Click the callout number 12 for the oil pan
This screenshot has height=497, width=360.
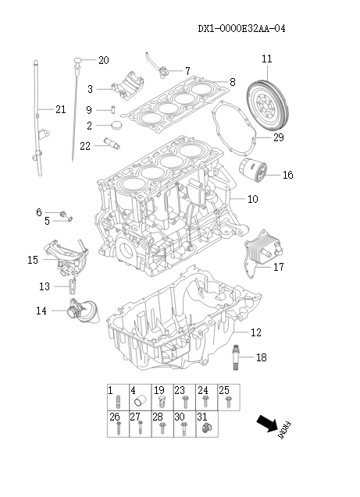(x=255, y=332)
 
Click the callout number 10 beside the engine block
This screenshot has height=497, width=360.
(x=252, y=199)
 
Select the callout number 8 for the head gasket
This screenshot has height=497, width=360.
(x=232, y=82)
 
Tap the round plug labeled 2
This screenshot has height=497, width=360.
(x=119, y=125)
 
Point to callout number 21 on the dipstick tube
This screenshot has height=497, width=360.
(x=60, y=109)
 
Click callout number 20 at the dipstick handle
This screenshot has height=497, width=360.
(x=103, y=60)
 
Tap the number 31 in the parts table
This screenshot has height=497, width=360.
(x=201, y=417)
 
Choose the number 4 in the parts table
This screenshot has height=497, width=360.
(x=134, y=389)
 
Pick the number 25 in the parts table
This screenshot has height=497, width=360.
(x=223, y=389)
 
